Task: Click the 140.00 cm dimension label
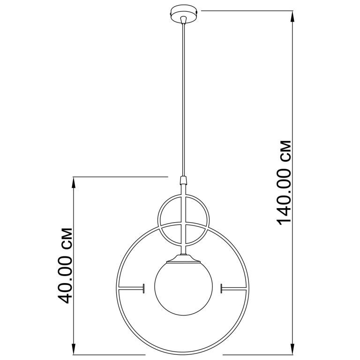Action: coord(284,182)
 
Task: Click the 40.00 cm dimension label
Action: coord(65,266)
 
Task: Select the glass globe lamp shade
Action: coord(183,289)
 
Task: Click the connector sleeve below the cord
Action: coord(183,180)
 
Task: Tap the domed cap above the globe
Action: coord(183,259)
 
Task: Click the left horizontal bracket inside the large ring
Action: coord(131,288)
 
